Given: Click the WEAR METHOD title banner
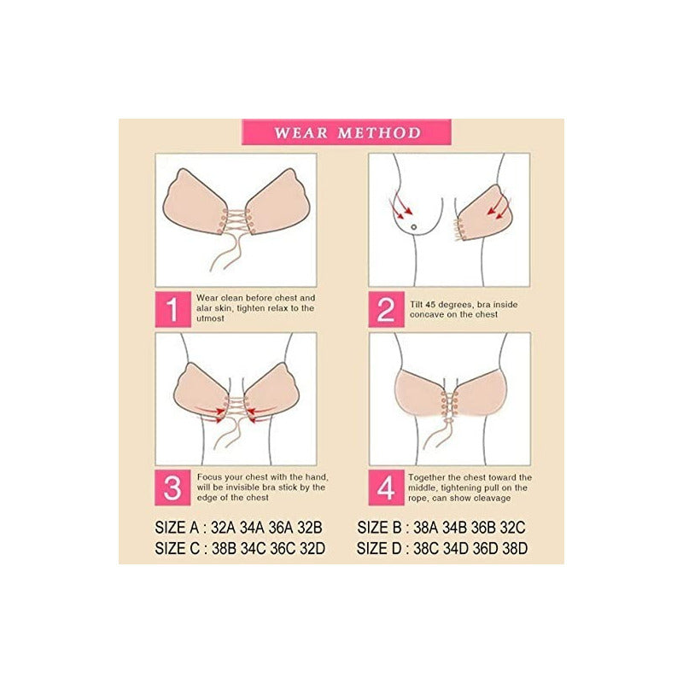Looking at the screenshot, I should tap(347, 132).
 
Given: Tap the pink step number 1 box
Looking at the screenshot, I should tap(172, 309).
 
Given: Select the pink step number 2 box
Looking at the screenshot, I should tap(386, 309).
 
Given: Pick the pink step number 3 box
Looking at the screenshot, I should tap(172, 488).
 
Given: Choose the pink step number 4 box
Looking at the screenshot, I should tap(386, 488).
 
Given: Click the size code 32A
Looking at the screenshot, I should tap(226, 527).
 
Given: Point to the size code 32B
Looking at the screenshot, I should tap(311, 527).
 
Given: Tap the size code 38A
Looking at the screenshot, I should tap(429, 527).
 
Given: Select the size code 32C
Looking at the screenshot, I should tap(513, 527).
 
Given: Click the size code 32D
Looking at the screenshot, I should tap(311, 548).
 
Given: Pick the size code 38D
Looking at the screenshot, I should tap(513, 548).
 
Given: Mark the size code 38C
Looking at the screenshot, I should tap(429, 548).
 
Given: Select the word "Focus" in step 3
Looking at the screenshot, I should tap(210, 476).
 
